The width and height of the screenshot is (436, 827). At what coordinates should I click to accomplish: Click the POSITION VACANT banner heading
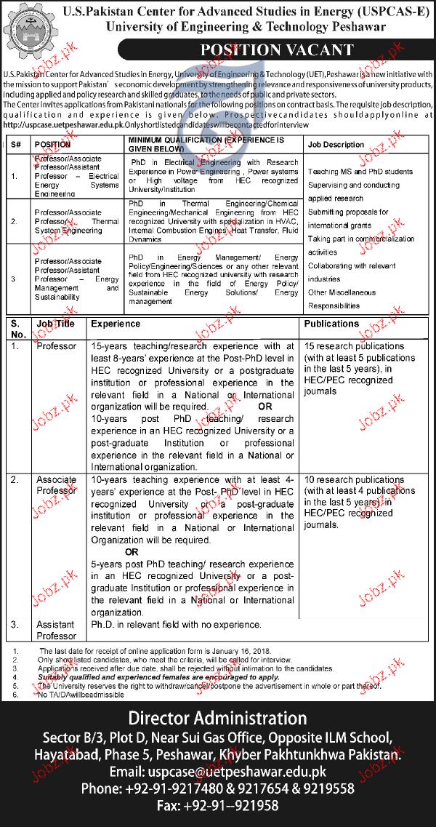click(x=279, y=51)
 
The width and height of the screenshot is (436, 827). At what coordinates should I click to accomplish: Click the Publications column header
click(x=331, y=324)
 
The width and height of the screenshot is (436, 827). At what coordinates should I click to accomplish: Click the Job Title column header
click(x=56, y=324)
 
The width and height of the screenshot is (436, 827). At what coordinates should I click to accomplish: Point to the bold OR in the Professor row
click(x=265, y=407)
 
